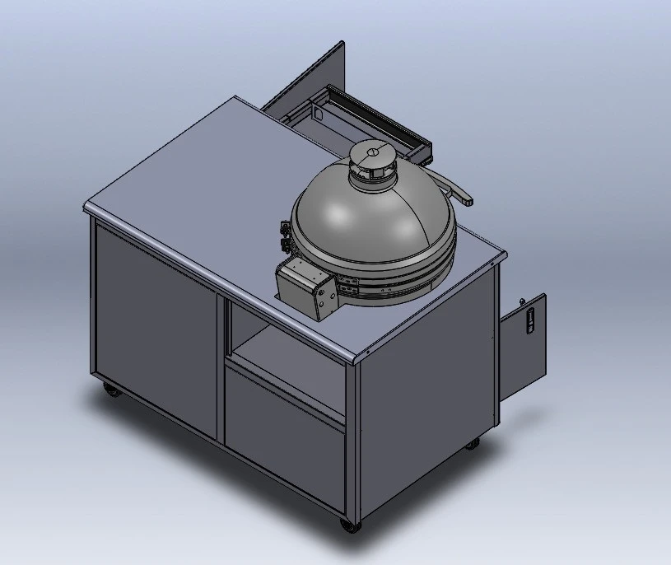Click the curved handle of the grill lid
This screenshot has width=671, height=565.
pos(458,189)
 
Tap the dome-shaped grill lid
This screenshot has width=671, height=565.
pos(370,222)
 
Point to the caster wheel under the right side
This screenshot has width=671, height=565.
pos(472,443)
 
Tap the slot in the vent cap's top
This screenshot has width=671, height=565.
pos(372,150)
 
